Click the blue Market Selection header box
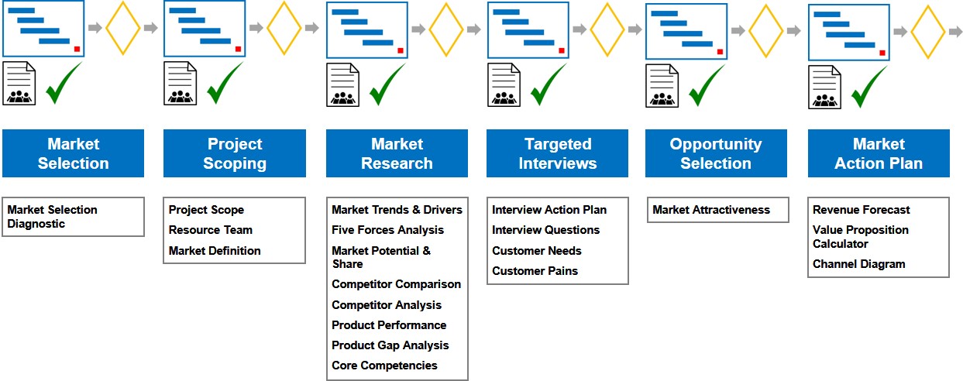click(x=73, y=153)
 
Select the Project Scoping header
click(x=234, y=153)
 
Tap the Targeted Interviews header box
click(x=557, y=153)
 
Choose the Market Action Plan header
click(x=879, y=153)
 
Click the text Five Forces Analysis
click(x=387, y=230)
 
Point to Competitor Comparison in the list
click(x=396, y=284)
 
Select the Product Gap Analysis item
click(x=390, y=345)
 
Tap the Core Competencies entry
click(x=384, y=366)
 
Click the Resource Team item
click(x=210, y=230)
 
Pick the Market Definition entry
click(x=215, y=251)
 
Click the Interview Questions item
click(x=545, y=230)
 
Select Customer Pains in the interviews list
click(x=535, y=271)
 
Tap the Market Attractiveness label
click(x=711, y=210)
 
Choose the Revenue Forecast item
click(x=861, y=210)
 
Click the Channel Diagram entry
click(x=858, y=264)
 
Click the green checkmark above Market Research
click(x=387, y=85)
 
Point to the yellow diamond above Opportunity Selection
click(x=765, y=31)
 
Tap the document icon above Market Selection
click(x=19, y=84)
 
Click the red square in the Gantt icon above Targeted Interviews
click(x=562, y=50)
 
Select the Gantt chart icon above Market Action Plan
click(x=848, y=33)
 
